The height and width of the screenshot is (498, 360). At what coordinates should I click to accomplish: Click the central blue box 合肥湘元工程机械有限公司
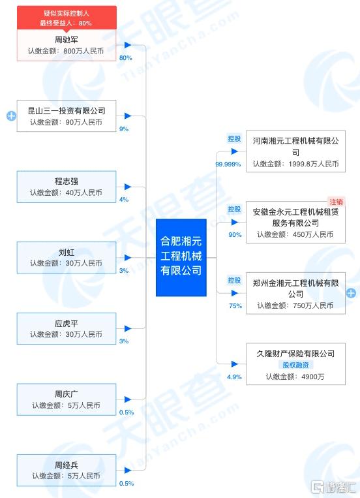tap(181, 257)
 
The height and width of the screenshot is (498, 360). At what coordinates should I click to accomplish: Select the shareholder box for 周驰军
tap(67, 45)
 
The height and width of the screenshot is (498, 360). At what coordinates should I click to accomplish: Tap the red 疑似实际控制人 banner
tap(67, 18)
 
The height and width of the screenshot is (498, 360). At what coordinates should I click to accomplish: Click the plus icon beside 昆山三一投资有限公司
tap(12, 116)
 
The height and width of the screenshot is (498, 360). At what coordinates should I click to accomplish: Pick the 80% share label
tap(125, 58)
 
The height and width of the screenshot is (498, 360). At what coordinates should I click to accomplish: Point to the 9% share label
tap(124, 129)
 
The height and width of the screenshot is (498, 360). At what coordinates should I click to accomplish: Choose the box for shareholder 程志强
tap(67, 187)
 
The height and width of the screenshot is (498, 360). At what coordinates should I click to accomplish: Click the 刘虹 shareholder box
tap(67, 258)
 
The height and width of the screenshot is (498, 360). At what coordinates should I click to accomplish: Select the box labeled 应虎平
tap(67, 328)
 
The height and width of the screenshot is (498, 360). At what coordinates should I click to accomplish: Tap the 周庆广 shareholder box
tap(67, 399)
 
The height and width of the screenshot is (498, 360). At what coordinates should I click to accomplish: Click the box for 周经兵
tap(67, 470)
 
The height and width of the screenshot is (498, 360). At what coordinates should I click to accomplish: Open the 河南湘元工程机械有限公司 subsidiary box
tap(295, 151)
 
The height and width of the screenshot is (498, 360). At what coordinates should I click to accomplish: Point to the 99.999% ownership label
tap(228, 164)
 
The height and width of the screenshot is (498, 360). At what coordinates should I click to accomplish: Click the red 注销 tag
tap(336, 202)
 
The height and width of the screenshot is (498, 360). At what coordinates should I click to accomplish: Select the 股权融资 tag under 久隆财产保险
tap(295, 365)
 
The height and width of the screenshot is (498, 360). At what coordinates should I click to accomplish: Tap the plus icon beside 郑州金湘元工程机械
tap(351, 293)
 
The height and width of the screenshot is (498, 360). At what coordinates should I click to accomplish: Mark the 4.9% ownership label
tap(234, 377)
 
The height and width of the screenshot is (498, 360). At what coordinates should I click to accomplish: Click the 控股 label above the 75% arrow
tap(234, 281)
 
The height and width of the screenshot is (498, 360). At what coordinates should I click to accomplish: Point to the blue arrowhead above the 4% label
tap(128, 187)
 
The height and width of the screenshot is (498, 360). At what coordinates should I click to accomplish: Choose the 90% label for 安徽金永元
tap(235, 235)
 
